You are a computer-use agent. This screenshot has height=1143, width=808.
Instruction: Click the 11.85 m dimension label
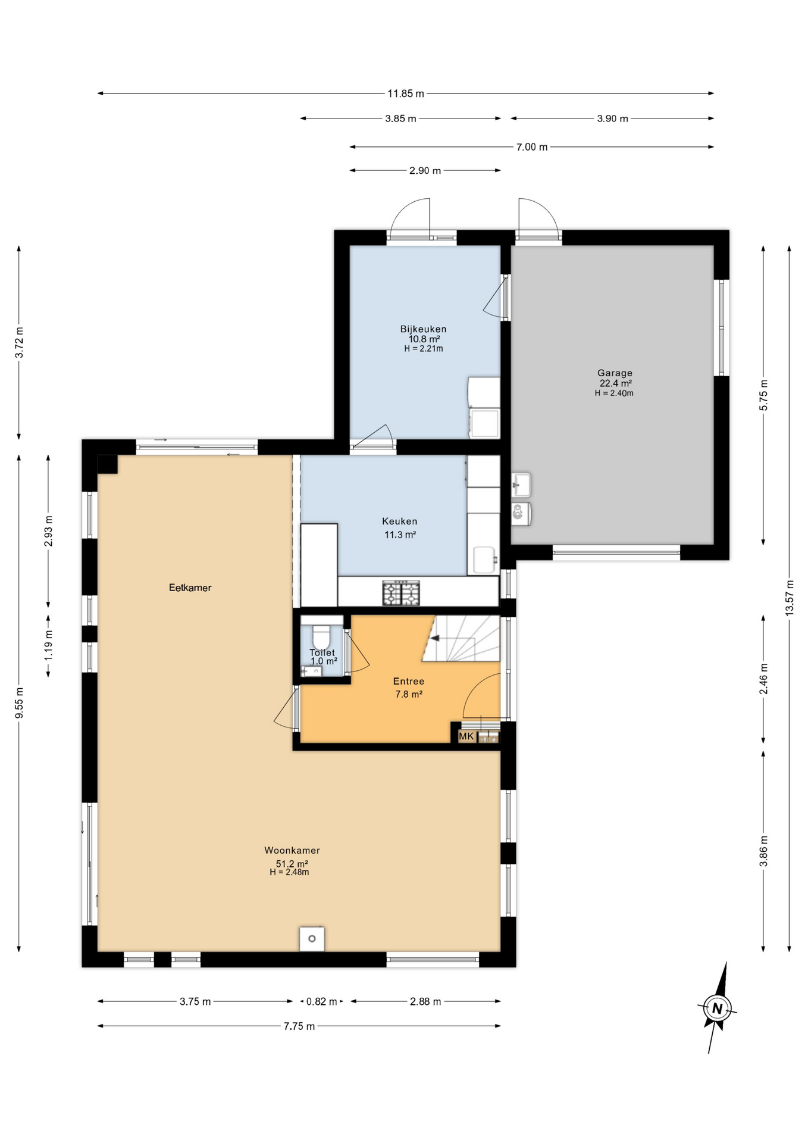[406, 93]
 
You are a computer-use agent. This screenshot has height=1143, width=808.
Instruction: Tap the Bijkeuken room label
[423, 329]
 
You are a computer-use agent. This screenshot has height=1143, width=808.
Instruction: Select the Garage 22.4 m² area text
[615, 383]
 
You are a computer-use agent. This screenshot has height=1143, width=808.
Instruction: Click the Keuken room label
[399, 521]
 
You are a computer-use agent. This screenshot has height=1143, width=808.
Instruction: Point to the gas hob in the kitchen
[401, 593]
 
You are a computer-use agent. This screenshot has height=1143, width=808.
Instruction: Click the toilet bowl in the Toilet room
[321, 636]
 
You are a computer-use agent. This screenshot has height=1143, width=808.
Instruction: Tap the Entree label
[409, 682]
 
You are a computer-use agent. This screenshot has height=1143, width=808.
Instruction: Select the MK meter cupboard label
[466, 737]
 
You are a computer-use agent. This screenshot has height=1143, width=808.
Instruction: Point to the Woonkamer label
[292, 851]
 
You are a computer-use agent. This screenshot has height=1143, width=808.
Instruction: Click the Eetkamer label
[190, 588]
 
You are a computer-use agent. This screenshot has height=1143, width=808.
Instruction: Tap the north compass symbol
[717, 1008]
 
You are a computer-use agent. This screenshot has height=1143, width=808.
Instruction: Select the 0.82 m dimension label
[321, 1002]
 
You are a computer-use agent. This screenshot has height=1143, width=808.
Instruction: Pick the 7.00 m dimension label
[531, 147]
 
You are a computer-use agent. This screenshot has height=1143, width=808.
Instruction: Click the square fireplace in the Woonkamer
[312, 939]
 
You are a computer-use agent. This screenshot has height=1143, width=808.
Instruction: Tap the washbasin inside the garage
[521, 485]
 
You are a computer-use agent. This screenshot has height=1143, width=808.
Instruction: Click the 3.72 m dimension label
[20, 342]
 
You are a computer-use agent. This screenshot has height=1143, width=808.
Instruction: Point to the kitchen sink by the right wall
[485, 560]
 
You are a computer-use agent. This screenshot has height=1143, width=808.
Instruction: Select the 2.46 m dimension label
[764, 679]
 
